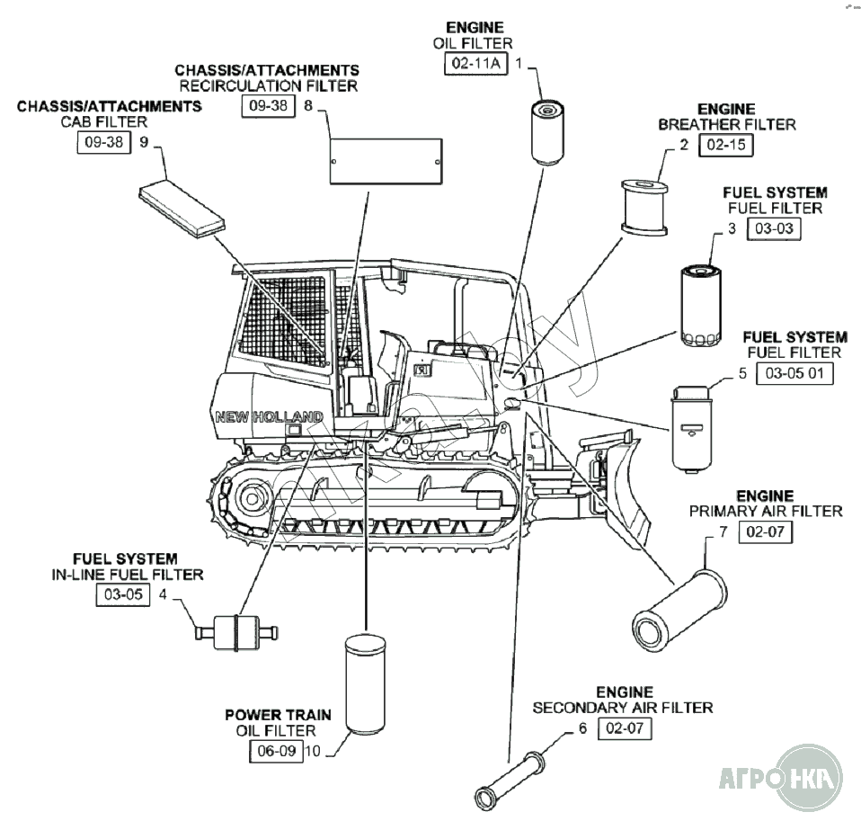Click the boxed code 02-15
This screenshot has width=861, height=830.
click(x=726, y=145)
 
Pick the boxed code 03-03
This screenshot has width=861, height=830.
click(x=774, y=228)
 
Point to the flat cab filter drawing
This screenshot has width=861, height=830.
click(x=182, y=208)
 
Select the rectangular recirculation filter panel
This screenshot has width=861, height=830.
click(x=387, y=162)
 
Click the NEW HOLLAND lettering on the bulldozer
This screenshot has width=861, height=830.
click(x=269, y=417)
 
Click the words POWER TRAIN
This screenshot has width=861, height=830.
click(x=278, y=715)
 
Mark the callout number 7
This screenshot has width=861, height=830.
click(x=723, y=531)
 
